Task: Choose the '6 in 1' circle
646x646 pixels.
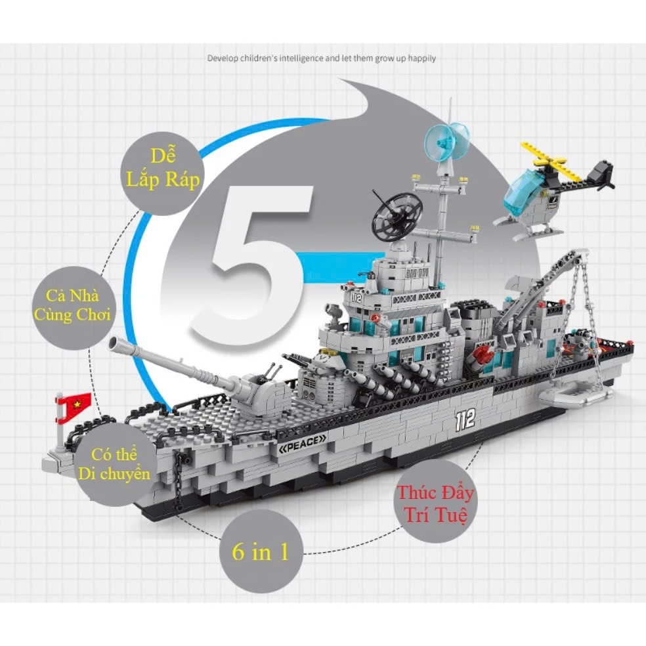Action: pyautogui.click(x=261, y=551)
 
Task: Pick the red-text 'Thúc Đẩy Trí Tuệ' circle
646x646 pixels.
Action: pyautogui.click(x=435, y=502)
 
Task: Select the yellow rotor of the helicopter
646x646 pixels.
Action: pyautogui.click(x=550, y=162)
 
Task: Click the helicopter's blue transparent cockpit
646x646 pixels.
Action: pyautogui.click(x=523, y=192)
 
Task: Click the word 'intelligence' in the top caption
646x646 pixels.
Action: pyautogui.click(x=301, y=58)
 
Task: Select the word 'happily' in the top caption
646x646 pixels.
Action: pyautogui.click(x=422, y=58)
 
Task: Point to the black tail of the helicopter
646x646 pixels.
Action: pyautogui.click(x=600, y=175)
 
